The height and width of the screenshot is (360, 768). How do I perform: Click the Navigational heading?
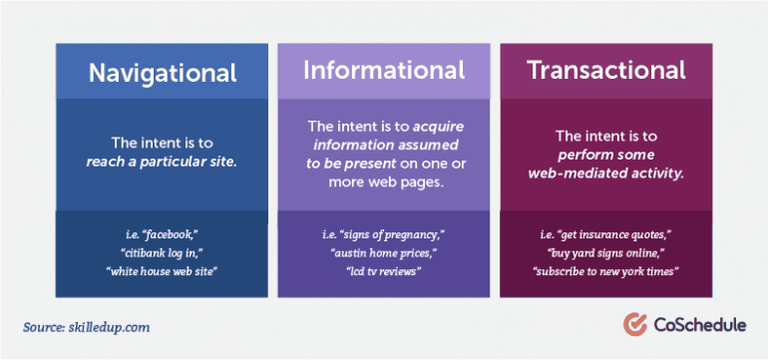point(162,73)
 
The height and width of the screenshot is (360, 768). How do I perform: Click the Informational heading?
point(384,70)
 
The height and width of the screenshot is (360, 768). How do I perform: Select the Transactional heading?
point(606,70)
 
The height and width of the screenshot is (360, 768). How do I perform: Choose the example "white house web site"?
point(162,270)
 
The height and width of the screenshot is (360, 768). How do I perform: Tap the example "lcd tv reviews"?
point(384,270)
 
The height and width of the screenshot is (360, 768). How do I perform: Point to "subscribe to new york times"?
point(606,270)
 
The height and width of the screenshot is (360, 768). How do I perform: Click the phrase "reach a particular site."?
point(162,163)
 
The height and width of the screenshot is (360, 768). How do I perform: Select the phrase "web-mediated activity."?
point(606,173)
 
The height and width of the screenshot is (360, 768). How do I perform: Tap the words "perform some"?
point(606,155)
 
